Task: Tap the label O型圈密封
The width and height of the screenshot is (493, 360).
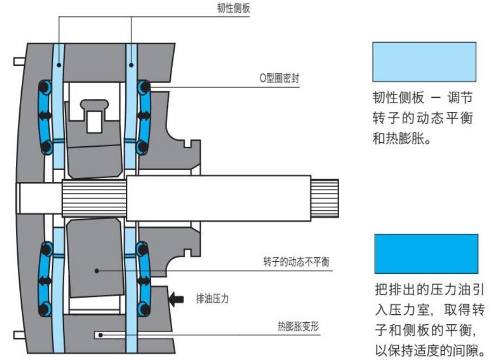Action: pos(279,80)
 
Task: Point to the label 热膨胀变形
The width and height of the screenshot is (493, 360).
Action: pos(298,326)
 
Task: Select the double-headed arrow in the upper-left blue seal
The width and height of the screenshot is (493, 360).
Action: pos(45,116)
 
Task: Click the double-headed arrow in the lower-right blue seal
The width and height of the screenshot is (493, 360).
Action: pos(144,281)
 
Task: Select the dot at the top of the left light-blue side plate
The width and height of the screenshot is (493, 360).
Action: pos(59,65)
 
